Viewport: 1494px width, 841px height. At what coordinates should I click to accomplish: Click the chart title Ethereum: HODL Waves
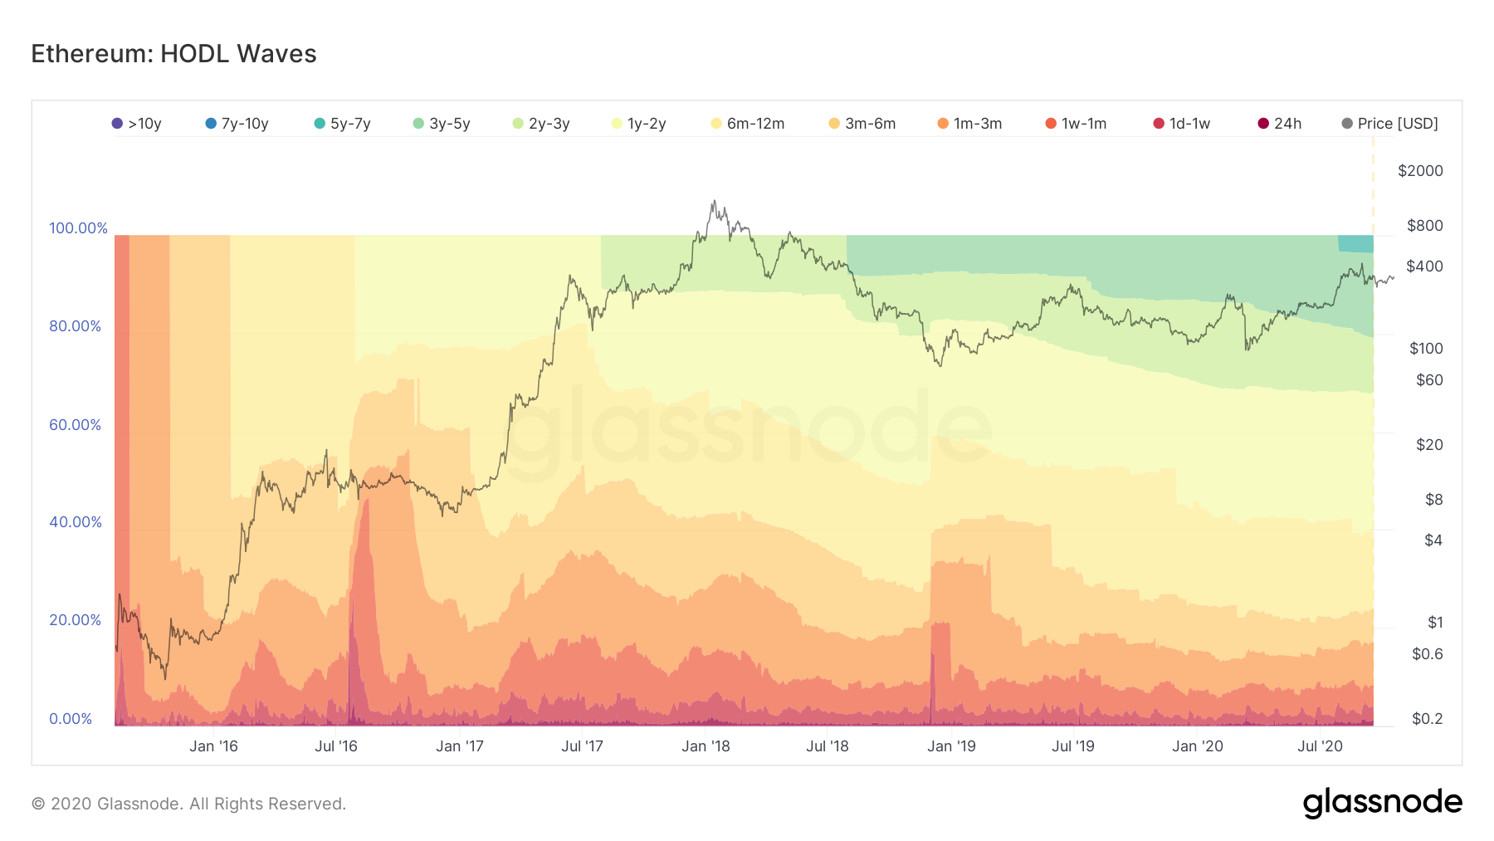173,54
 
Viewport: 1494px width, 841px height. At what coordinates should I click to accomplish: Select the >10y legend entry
137,124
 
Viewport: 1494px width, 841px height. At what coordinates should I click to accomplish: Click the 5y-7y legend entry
342,124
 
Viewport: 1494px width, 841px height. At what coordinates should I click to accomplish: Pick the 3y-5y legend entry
442,124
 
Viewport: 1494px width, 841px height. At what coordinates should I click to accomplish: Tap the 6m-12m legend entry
748,124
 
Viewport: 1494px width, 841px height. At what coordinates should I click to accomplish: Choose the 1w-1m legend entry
1076,124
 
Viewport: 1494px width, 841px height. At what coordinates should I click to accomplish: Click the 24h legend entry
1280,124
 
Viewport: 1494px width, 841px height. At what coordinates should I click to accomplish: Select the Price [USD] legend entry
1390,124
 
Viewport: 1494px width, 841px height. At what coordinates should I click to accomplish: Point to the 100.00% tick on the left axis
78,228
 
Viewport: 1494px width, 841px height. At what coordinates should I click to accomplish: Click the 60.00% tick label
75,425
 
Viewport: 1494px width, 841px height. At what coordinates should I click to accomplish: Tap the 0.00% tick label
71,719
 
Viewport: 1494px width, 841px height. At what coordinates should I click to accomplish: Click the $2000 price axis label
1420,171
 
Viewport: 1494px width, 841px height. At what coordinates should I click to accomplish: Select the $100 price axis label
1426,349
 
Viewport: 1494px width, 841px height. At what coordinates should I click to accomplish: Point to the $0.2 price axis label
1427,719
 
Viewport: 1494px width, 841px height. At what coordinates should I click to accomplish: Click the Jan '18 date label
705,746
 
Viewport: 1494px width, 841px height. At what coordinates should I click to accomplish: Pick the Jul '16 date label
336,746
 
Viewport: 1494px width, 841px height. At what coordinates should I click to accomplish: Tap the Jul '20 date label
1320,746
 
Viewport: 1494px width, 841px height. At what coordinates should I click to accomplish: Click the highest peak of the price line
713,201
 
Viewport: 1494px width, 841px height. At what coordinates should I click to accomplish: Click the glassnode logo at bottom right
1382,803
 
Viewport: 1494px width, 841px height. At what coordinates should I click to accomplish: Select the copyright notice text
188,804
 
